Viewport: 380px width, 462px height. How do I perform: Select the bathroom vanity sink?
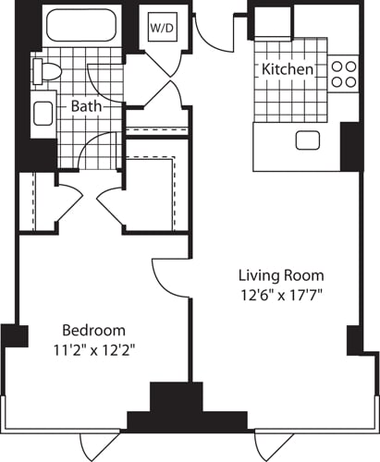(x=43, y=114)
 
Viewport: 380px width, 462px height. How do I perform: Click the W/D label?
(x=162, y=28)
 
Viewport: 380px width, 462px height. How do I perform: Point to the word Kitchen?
(x=287, y=70)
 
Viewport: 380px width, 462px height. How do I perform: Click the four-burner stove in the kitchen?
(x=344, y=74)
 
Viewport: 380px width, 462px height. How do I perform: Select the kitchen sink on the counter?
(x=306, y=140)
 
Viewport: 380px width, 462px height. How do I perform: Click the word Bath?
(x=87, y=106)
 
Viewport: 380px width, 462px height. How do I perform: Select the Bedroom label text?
(x=93, y=330)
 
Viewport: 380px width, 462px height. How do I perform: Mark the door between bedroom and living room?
(x=171, y=277)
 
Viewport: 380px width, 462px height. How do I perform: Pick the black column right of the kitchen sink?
(x=350, y=146)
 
